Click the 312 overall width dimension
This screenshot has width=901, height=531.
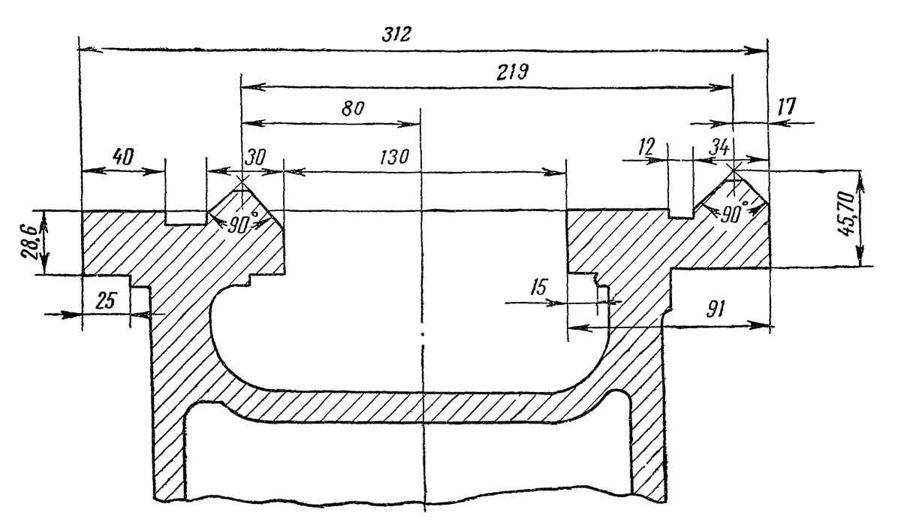(396, 35)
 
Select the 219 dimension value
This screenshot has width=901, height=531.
(512, 72)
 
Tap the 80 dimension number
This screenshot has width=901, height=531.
(353, 109)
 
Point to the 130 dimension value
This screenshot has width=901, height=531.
(394, 156)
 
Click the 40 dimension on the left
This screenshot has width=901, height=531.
(123, 156)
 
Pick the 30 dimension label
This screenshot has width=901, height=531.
(256, 156)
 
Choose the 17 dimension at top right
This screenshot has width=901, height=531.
(786, 107)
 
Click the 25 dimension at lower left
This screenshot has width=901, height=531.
(106, 300)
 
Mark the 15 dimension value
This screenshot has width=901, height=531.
(538, 287)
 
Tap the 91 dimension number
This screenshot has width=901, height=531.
(715, 309)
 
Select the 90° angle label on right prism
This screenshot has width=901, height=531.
(733, 213)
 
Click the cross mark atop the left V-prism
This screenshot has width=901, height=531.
(241, 180)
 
